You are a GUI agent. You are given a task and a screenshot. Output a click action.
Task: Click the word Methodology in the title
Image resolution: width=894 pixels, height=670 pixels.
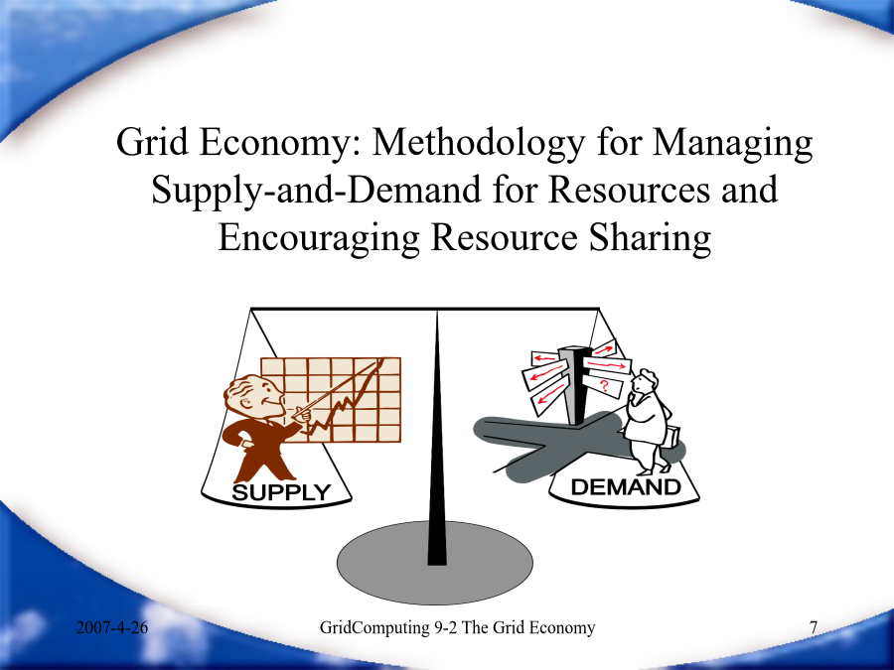tap(479, 142)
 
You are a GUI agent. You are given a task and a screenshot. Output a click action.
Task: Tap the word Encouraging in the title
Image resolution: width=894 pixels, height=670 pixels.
tap(319, 237)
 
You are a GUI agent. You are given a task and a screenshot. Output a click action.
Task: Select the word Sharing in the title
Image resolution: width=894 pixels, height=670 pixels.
tap(650, 237)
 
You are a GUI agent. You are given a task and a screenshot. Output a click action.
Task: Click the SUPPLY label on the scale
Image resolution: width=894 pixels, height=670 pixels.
tap(281, 492)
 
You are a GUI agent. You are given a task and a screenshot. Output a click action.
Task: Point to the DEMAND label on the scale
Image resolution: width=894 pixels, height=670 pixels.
tap(626, 487)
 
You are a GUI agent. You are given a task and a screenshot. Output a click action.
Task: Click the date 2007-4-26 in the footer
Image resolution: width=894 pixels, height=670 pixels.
tap(111, 628)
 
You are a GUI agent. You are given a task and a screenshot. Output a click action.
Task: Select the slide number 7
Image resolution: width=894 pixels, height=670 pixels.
tap(814, 628)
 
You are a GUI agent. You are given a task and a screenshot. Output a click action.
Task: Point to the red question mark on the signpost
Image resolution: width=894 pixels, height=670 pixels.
tap(604, 387)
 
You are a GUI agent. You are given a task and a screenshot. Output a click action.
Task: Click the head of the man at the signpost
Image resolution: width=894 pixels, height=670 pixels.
tap(645, 382)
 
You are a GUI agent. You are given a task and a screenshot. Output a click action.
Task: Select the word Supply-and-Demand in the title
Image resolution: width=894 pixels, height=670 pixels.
tap(317, 190)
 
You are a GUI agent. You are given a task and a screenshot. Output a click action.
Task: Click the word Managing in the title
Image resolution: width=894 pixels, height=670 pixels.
tap(733, 142)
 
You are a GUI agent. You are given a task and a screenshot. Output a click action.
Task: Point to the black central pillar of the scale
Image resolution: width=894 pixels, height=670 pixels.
tap(437, 438)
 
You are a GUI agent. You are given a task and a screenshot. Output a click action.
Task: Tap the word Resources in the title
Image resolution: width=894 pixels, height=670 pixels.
tap(629, 190)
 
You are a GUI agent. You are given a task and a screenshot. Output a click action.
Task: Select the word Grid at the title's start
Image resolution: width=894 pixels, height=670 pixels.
tap(152, 142)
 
